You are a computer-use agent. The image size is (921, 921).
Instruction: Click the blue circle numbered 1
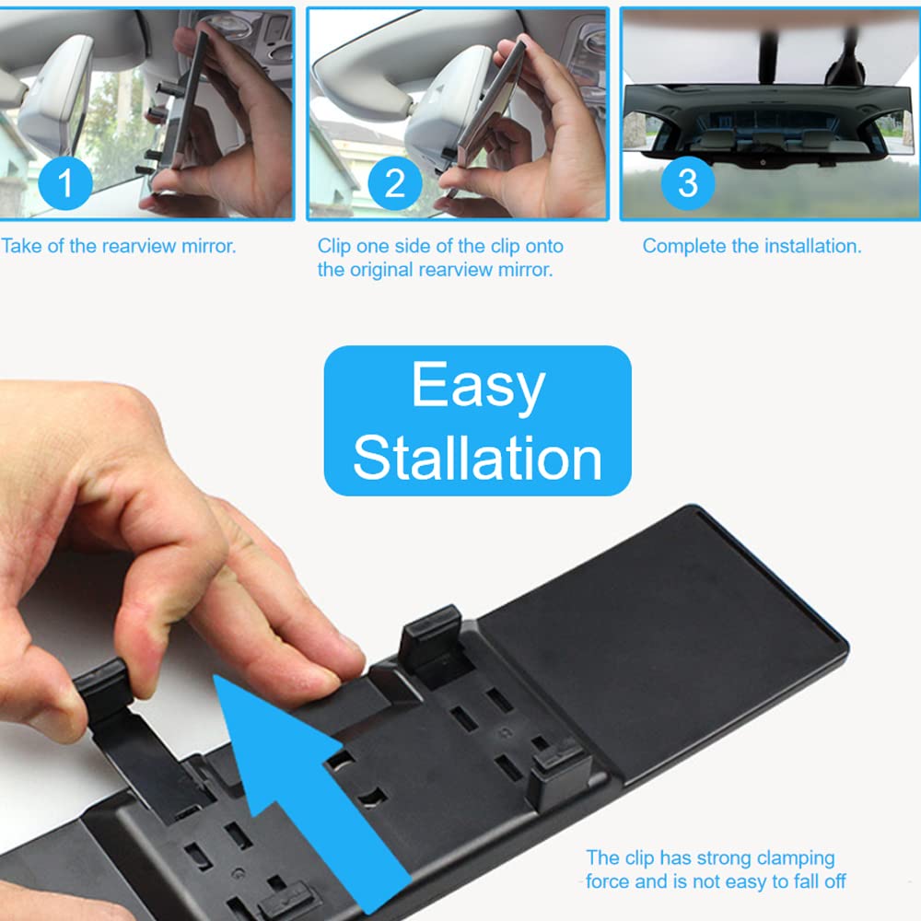click(64, 183)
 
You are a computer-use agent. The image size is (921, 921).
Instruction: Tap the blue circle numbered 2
click(395, 183)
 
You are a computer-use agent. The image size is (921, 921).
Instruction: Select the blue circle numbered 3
click(687, 183)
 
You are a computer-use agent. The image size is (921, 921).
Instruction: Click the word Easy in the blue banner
click(478, 385)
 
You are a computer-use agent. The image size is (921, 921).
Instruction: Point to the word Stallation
click(477, 457)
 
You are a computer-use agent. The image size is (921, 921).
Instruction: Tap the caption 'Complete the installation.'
click(752, 246)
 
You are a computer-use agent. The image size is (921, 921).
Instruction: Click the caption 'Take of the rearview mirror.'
click(118, 246)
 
